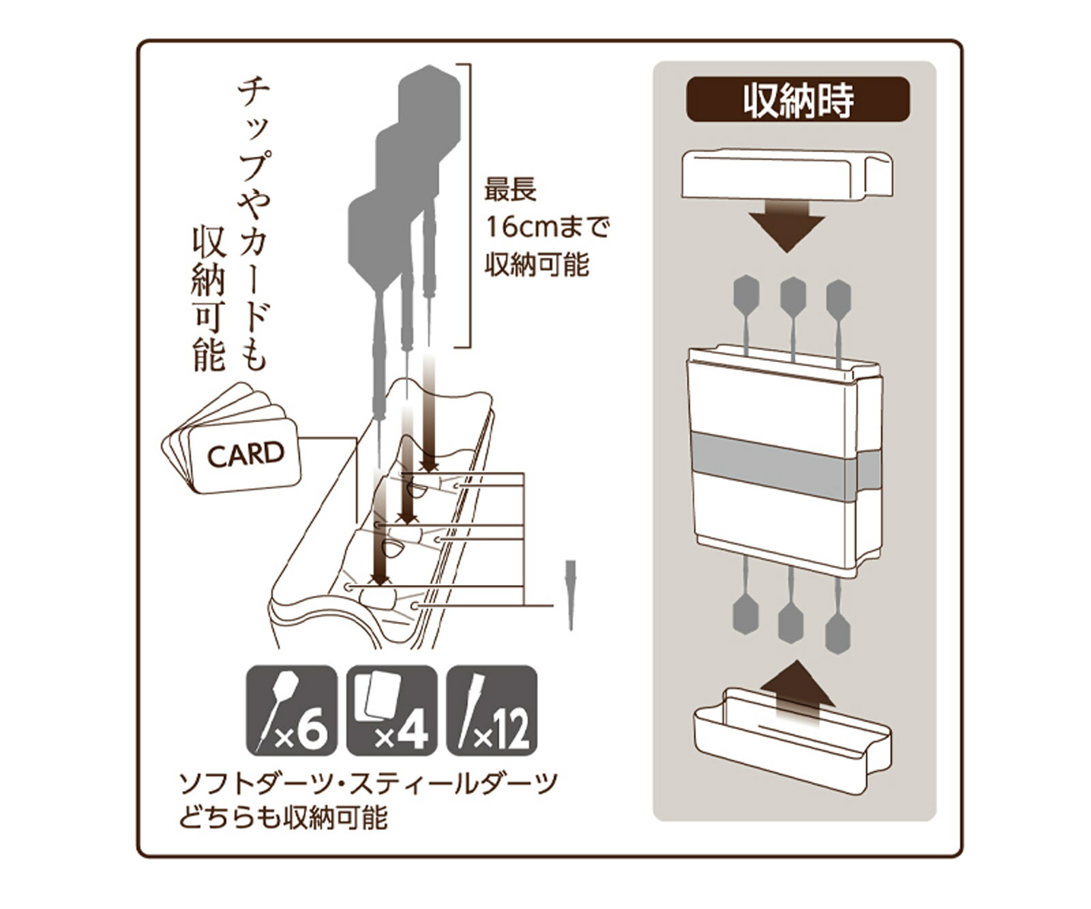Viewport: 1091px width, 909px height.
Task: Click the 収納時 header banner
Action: point(797,100)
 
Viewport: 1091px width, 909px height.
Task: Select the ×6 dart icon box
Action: point(291,711)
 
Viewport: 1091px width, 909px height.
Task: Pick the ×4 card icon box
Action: point(391,711)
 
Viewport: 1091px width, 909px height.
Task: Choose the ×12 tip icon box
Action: point(492,711)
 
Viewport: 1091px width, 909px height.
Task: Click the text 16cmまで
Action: point(546,227)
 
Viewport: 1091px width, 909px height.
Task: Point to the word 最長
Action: point(510,190)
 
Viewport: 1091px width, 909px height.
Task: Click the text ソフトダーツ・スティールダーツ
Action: point(368,784)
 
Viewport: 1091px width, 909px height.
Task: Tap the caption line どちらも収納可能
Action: point(284,817)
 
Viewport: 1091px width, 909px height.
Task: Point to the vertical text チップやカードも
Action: point(253,225)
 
